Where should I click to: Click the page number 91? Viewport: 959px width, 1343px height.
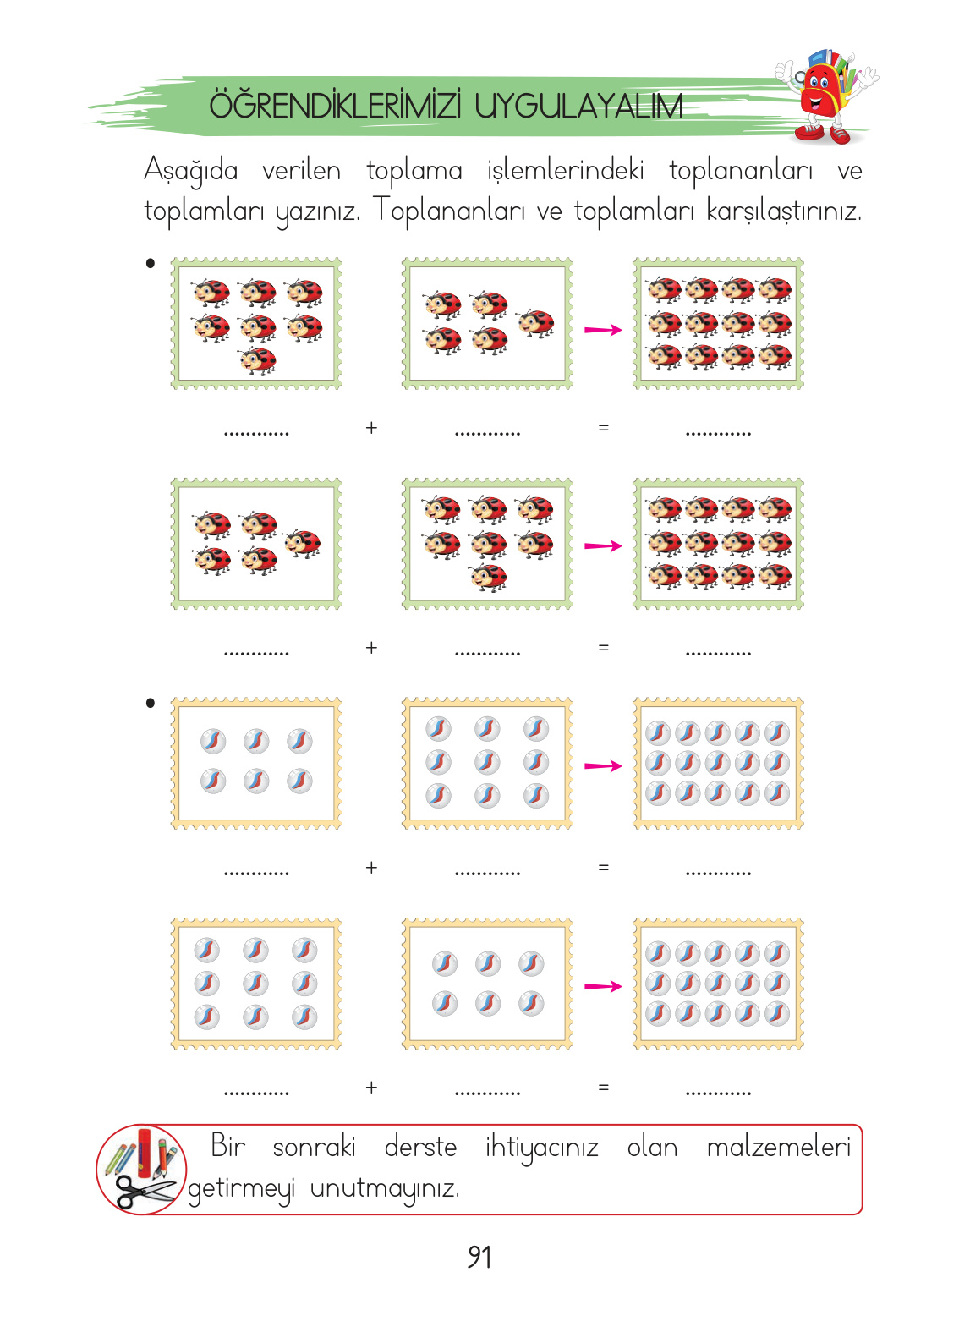click(x=479, y=1257)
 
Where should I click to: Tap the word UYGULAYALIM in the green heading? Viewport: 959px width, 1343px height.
click(x=578, y=107)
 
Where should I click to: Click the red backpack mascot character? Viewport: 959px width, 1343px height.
click(x=824, y=95)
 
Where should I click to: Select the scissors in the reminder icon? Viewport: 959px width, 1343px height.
click(x=144, y=1192)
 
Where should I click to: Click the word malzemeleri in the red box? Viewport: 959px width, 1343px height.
click(x=778, y=1148)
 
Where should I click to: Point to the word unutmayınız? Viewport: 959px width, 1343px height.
click(x=385, y=1188)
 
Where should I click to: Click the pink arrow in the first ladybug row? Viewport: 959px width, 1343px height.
click(x=603, y=329)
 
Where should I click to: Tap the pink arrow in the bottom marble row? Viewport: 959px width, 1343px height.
click(x=603, y=986)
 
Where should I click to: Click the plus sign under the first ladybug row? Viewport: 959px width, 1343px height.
click(x=371, y=428)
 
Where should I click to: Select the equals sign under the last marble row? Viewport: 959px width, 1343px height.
click(x=603, y=1088)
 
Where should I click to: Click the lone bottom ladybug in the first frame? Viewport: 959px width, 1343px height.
click(x=258, y=360)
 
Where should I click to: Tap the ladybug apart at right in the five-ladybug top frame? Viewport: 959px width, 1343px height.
click(x=536, y=323)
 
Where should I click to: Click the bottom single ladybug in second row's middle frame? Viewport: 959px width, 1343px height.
click(x=488, y=578)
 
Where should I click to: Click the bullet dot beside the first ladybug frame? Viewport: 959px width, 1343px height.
click(x=151, y=263)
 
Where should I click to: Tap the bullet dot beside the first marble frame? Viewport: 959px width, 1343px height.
click(x=151, y=703)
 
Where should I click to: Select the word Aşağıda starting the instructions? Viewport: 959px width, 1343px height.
click(x=191, y=171)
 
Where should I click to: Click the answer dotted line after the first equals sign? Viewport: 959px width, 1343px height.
click(x=718, y=433)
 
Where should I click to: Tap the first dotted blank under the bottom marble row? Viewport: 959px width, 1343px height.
click(x=256, y=1093)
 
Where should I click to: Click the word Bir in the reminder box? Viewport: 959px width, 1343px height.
click(x=227, y=1147)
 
